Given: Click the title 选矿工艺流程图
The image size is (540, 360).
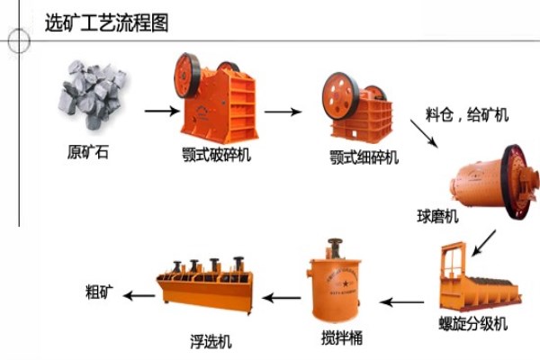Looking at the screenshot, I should click(106, 22).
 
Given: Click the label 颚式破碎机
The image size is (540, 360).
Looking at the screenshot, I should click(216, 154).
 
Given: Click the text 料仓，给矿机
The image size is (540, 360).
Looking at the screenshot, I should click(466, 115).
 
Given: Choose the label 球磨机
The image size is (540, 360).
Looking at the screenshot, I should click(437, 216).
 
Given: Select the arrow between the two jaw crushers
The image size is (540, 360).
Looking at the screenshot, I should click(282, 112).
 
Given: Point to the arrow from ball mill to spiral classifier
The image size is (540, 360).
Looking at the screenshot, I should click(484, 240).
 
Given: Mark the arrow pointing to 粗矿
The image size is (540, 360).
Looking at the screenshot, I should click(138, 295).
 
